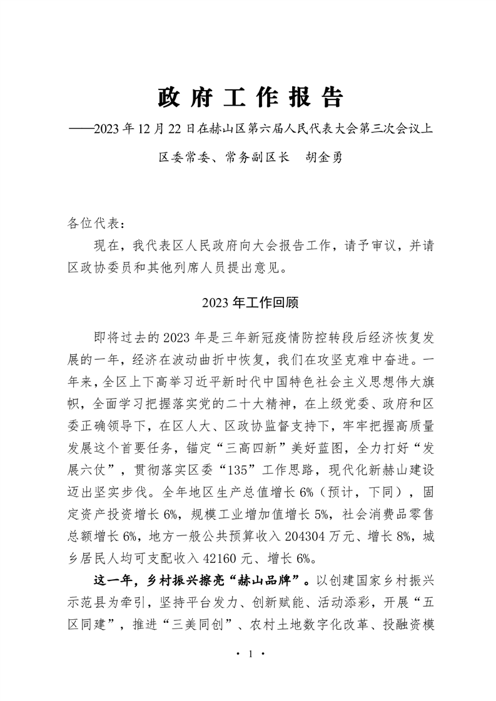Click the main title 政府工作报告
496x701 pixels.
click(250, 97)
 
